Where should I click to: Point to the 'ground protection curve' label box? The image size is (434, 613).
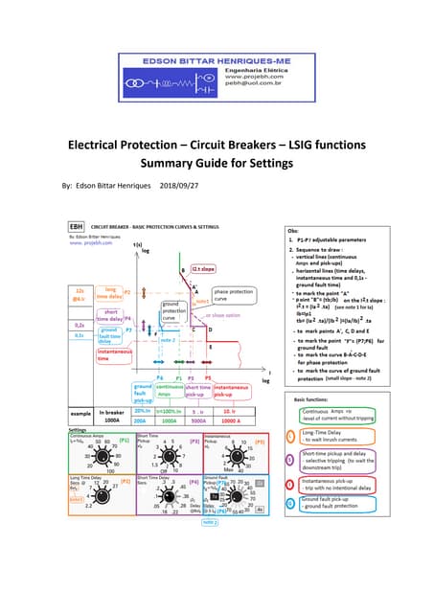tap(177, 285)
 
